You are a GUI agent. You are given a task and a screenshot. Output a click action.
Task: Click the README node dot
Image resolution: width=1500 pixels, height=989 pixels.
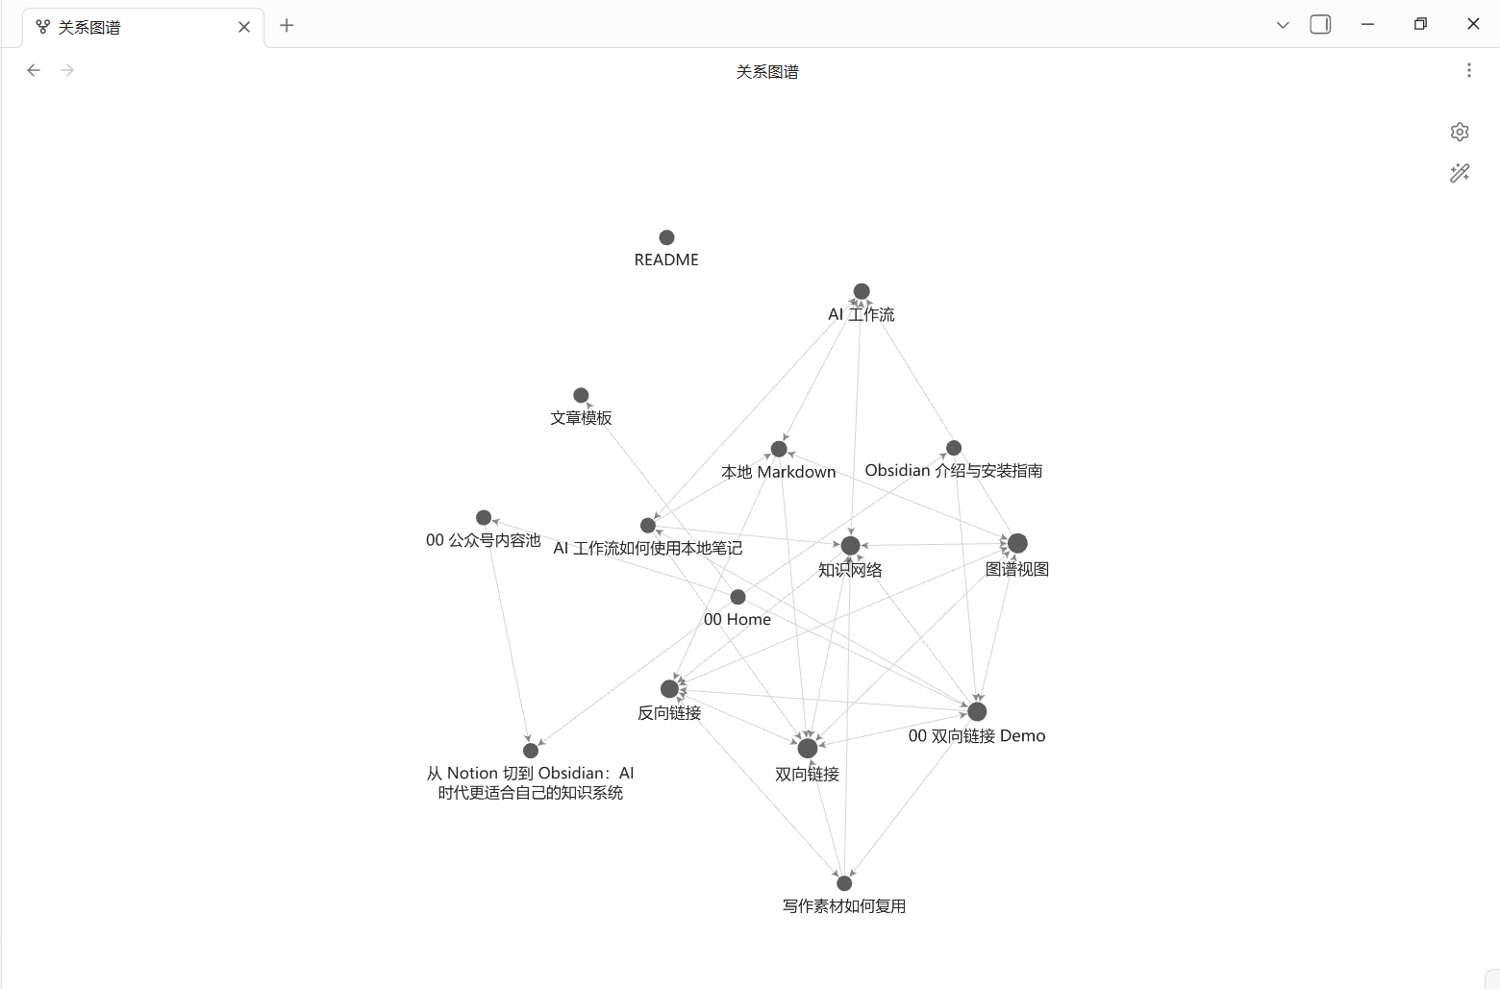(666, 237)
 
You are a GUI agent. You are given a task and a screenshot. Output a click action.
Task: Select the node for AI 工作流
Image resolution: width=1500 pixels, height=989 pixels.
(862, 291)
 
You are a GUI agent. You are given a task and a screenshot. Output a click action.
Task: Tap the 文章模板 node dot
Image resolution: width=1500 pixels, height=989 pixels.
(581, 395)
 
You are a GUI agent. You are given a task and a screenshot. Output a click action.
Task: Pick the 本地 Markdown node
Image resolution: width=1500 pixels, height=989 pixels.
(779, 449)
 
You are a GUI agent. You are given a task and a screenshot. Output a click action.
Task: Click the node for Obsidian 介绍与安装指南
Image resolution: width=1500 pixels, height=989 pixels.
(954, 448)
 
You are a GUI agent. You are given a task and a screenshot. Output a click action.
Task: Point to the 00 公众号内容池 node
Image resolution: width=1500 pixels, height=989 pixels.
(484, 518)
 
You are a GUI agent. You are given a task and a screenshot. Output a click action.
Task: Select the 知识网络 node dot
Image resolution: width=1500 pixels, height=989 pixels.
(850, 546)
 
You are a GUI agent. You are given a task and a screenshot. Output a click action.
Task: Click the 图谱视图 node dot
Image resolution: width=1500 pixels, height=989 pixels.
(1017, 544)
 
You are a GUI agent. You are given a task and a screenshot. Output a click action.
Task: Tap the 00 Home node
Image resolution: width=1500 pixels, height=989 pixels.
(737, 597)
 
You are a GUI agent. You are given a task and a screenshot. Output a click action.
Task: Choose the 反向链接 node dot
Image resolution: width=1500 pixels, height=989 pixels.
(669, 689)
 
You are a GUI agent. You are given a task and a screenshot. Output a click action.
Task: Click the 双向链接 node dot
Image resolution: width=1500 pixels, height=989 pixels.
(808, 748)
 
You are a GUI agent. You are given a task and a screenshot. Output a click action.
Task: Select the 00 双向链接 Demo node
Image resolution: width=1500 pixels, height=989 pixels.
(977, 711)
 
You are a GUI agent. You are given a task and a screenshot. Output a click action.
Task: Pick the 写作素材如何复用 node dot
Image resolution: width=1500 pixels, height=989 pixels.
(844, 883)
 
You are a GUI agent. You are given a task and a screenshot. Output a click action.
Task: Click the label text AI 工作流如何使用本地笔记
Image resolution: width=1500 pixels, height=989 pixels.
(647, 549)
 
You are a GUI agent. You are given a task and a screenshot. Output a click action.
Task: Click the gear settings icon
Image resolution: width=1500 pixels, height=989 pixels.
(1460, 132)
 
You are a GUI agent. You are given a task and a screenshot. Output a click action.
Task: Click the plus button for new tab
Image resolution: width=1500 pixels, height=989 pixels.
(287, 26)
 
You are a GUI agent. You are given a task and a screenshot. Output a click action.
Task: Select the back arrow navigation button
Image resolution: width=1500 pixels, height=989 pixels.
(34, 70)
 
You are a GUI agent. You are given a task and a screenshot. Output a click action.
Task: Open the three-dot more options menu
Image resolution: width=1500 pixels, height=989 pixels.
(1468, 70)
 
